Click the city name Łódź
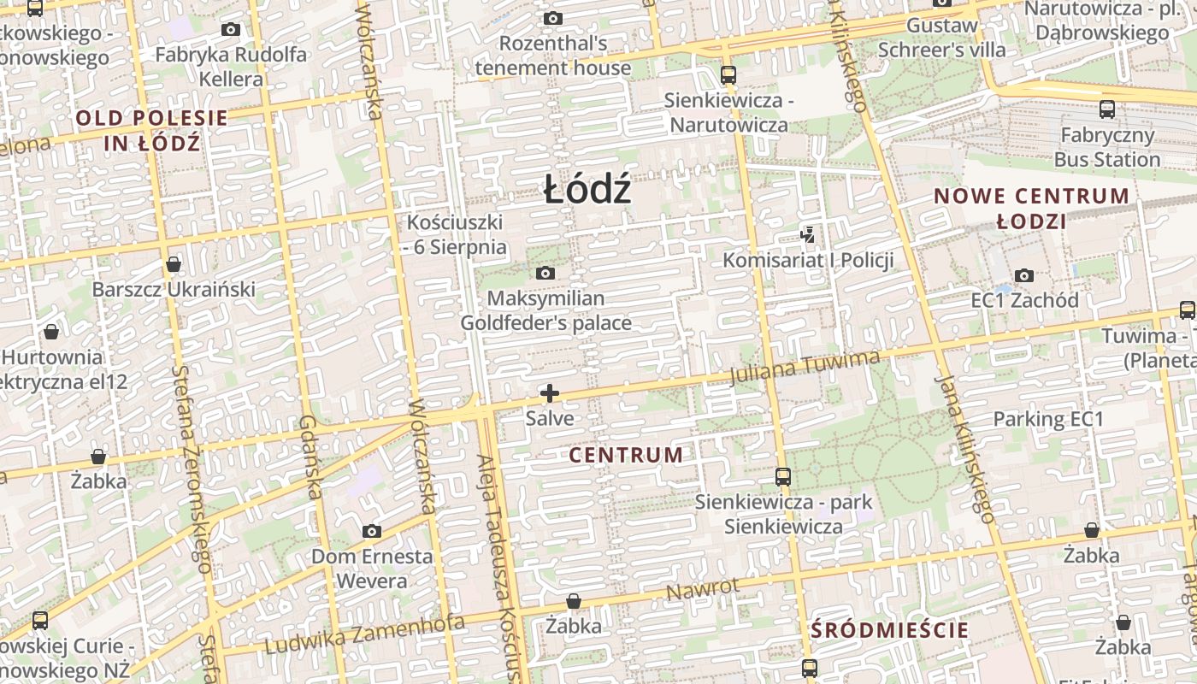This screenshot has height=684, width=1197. click(x=587, y=189)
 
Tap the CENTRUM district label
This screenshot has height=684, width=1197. click(x=626, y=455)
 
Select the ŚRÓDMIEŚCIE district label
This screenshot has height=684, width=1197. click(x=889, y=631)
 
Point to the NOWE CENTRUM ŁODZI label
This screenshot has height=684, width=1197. click(x=1031, y=208)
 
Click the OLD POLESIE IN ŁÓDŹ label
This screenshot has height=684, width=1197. click(x=152, y=130)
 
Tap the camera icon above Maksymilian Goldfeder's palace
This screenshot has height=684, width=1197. click(x=545, y=274)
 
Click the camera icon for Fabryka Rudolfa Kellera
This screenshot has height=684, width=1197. click(x=230, y=30)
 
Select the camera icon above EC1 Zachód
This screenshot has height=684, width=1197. click(x=1023, y=275)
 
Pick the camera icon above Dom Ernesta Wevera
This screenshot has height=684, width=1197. click(x=371, y=531)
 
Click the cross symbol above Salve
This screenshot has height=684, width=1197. click(x=550, y=393)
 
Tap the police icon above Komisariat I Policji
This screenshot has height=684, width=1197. click(x=806, y=233)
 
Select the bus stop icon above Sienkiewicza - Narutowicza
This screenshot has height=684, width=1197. click(x=728, y=75)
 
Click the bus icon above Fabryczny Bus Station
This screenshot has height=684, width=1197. click(x=1106, y=109)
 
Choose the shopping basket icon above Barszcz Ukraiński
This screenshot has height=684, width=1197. click(x=174, y=264)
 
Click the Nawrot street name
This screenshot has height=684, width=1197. click(x=702, y=589)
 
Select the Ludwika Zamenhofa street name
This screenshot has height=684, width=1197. click(x=364, y=633)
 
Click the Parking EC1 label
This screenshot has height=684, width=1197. click(x=1048, y=419)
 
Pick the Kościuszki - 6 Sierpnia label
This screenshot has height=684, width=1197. click(x=455, y=234)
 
